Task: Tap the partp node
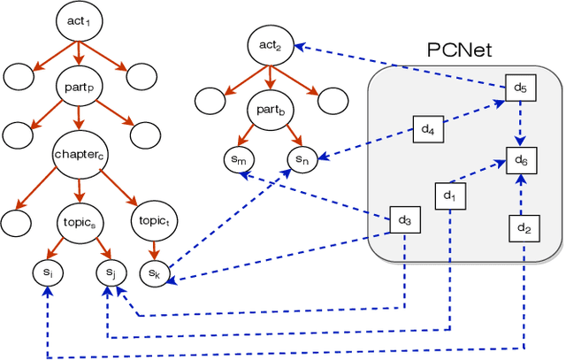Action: tap(80, 88)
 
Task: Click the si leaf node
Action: tap(48, 272)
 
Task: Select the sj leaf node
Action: tap(111, 272)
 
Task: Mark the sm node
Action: tap(239, 159)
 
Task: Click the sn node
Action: tap(302, 159)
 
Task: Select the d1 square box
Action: tap(449, 195)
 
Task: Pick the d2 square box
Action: tap(523, 228)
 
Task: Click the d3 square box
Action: tap(404, 219)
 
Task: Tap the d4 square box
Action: tap(427, 129)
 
